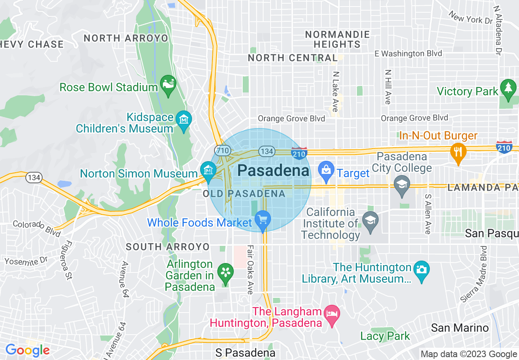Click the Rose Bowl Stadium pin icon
coord(168,84)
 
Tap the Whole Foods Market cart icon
coord(262,220)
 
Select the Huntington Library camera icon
coord(421,270)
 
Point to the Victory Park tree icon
coord(508,88)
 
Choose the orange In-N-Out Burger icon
coord(458,152)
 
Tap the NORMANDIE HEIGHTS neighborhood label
coord(338,39)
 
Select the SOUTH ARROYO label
coord(167,247)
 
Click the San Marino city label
coord(460,328)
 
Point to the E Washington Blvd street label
coord(408,54)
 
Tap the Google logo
coord(27,350)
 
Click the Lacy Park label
coord(385,336)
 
